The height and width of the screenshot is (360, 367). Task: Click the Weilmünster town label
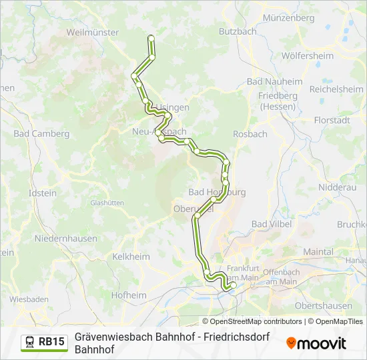[93, 32]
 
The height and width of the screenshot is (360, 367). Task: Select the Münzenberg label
[288, 18]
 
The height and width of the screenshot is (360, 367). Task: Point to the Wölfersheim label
[308, 56]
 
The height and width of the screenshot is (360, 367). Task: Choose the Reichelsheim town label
[336, 89]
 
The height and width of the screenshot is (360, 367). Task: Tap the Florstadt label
[332, 121]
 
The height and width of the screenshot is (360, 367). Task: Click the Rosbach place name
[250, 134]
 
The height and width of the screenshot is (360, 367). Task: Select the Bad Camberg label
[41, 134]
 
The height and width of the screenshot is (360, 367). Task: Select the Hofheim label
[128, 295]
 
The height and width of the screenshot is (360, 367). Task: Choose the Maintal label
[318, 252]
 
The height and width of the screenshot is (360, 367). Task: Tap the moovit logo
[316, 343]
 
